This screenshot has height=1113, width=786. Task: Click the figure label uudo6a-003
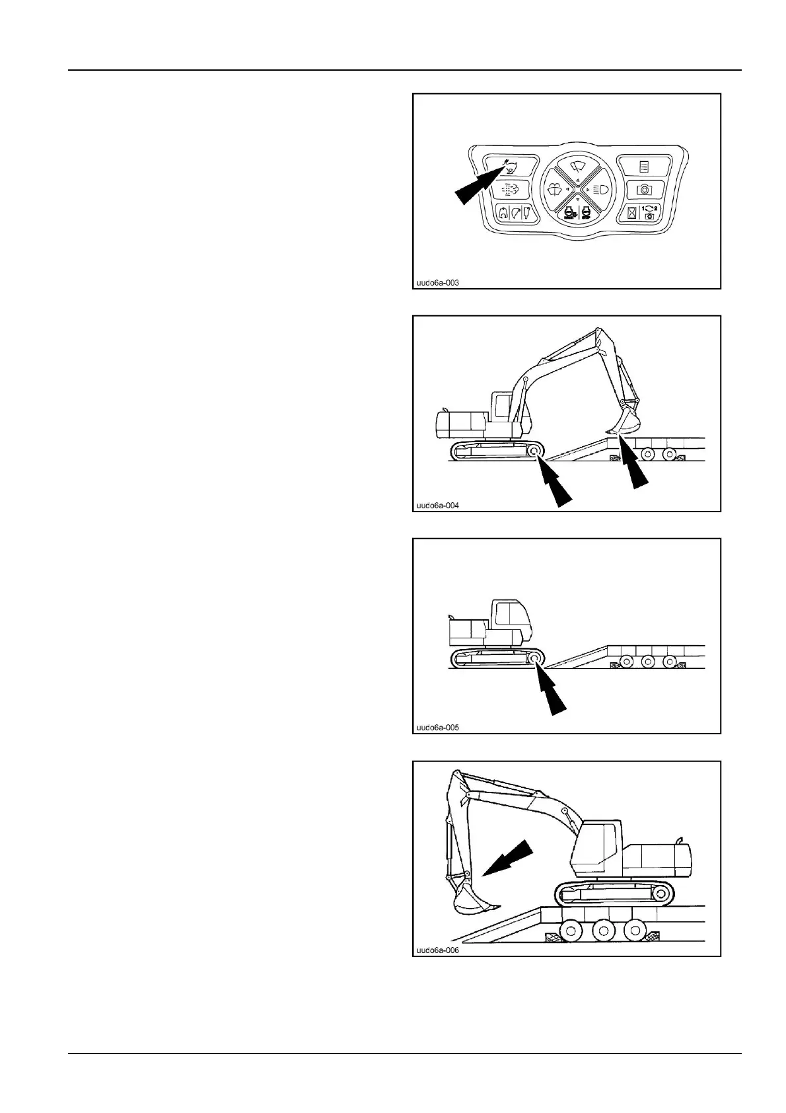[x=436, y=283]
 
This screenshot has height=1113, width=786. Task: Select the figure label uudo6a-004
[x=436, y=506]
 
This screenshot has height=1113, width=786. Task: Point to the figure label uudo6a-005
[x=436, y=728]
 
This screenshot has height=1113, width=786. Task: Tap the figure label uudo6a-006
[x=436, y=950]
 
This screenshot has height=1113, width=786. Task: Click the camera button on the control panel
[x=643, y=190]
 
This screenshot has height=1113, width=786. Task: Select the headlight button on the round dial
[x=597, y=189]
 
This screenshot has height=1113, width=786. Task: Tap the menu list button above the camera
[x=643, y=166]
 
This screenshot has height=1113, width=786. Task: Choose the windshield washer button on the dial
[x=559, y=189]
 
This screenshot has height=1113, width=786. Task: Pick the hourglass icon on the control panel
[x=633, y=213]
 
